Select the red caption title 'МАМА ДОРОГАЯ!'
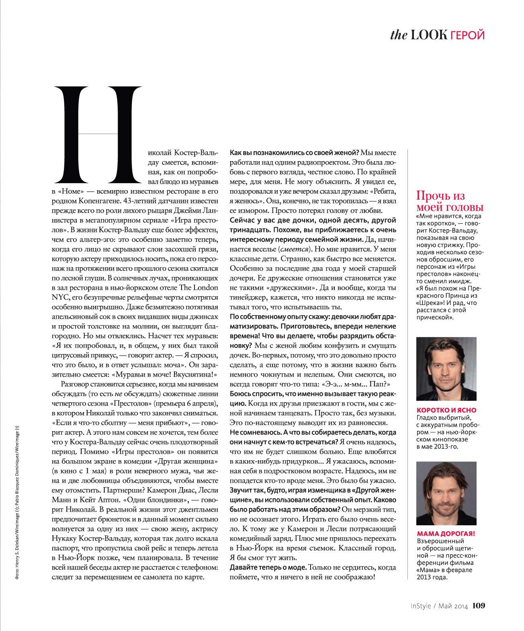click(x=446, y=534)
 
